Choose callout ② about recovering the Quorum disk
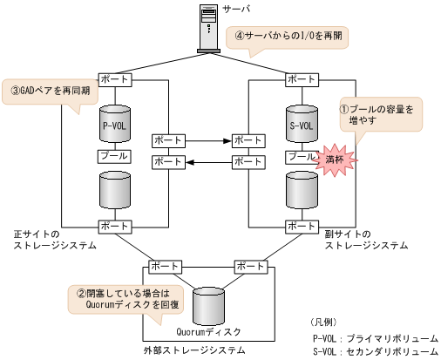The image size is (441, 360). [x=125, y=299]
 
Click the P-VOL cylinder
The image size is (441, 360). [x=115, y=123]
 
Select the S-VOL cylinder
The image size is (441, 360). [x=301, y=123]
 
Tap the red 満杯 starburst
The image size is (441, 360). [x=335, y=160]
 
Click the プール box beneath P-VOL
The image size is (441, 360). [x=115, y=156]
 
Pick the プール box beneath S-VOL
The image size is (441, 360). [x=301, y=156]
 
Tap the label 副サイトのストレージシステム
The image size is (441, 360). [x=366, y=240]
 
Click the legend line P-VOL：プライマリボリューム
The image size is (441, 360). [x=375, y=337]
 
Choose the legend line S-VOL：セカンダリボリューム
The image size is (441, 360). [x=375, y=351]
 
